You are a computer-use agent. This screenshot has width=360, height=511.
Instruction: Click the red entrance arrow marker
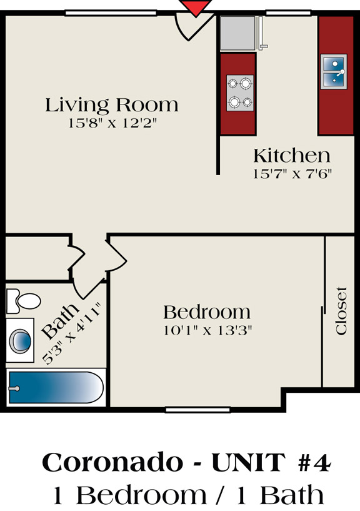[196, 7]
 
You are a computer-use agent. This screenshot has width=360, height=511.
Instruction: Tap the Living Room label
[112, 105]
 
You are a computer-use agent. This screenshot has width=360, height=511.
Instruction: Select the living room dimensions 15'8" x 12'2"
[112, 123]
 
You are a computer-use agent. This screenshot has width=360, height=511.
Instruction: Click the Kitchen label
[292, 156]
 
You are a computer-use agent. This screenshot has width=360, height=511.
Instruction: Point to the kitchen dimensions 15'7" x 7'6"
[292, 173]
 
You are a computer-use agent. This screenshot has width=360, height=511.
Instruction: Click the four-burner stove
[240, 93]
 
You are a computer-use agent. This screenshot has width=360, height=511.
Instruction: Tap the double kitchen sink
[334, 72]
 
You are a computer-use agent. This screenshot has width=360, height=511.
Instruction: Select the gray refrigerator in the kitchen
[238, 33]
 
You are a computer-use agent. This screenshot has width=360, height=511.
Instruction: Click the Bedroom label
[207, 312]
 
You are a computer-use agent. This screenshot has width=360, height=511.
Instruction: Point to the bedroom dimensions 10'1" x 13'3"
[207, 330]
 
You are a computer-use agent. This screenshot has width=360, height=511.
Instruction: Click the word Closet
[341, 311]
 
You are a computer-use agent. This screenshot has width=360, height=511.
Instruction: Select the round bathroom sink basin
[21, 341]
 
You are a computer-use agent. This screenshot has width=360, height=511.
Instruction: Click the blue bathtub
[56, 388]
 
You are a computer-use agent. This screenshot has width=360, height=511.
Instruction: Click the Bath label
[60, 321]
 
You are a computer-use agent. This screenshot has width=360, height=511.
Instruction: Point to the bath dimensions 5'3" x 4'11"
[72, 333]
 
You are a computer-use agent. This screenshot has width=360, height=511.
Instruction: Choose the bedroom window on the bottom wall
[197, 410]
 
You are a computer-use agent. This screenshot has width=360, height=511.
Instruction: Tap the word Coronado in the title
[112, 462]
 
